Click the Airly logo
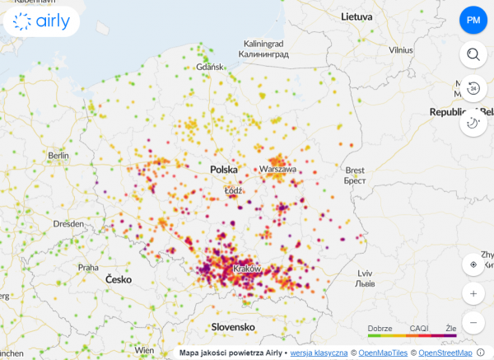point(41,21)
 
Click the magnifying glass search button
point(473,55)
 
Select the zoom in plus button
point(473,293)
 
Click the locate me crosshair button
point(473,264)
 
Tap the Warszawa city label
point(277,169)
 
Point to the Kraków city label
point(247,269)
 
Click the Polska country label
point(223,169)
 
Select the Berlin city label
point(58,155)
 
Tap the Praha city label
point(88,267)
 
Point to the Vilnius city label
point(401,50)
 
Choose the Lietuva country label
point(357,16)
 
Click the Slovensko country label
point(233,327)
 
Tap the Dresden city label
point(68,223)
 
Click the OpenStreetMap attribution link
point(445,353)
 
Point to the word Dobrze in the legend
point(380,328)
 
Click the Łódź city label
point(235,190)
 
